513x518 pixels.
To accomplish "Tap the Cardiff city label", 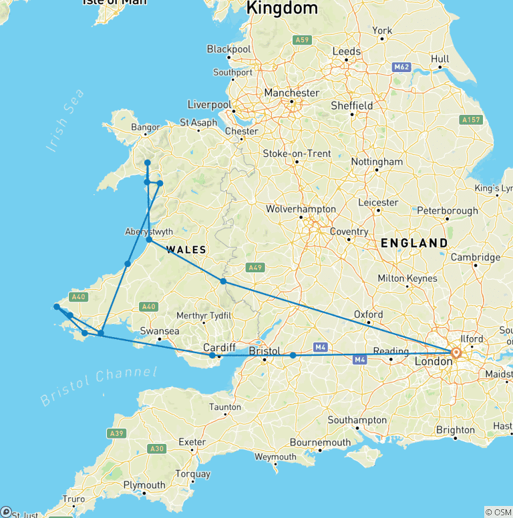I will (219, 348).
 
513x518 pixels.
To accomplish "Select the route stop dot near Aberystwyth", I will (150, 240).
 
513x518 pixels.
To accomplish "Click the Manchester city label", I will (292, 93).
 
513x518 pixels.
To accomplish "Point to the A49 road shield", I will (254, 268).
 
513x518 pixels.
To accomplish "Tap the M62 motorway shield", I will (401, 67).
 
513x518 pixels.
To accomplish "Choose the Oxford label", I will (369, 314).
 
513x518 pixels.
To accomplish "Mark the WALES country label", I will (186, 250).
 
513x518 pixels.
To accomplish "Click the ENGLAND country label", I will (414, 243).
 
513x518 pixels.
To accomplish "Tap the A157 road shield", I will (472, 120).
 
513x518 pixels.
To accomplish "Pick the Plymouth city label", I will (144, 485).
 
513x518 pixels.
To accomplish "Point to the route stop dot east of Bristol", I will (293, 355).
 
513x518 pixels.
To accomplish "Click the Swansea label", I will (160, 331).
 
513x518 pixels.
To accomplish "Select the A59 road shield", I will (303, 40).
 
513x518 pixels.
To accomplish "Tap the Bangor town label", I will (146, 127).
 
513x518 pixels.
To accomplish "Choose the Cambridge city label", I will (476, 257).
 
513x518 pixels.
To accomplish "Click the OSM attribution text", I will (498, 512).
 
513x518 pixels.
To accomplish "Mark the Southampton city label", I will (357, 420).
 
